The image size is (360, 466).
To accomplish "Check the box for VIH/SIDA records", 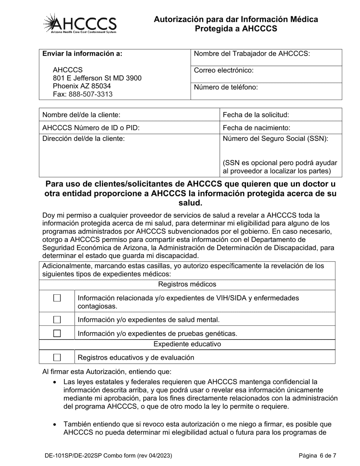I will (x=57, y=298).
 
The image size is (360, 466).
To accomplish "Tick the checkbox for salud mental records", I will (x=57, y=319).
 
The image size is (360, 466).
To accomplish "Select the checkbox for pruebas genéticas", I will (x=57, y=333).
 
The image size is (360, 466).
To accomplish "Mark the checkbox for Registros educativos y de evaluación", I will (x=57, y=357).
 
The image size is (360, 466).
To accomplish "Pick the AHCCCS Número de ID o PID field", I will (x=178, y=128).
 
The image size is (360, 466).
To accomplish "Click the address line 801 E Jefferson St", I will (x=97, y=78).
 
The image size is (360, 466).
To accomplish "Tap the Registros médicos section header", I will (x=187, y=284).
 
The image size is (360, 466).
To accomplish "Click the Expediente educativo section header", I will (x=187, y=344).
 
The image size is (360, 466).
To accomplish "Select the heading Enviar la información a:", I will (x=82, y=54).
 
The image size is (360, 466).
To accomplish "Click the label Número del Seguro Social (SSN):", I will (x=275, y=138).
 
